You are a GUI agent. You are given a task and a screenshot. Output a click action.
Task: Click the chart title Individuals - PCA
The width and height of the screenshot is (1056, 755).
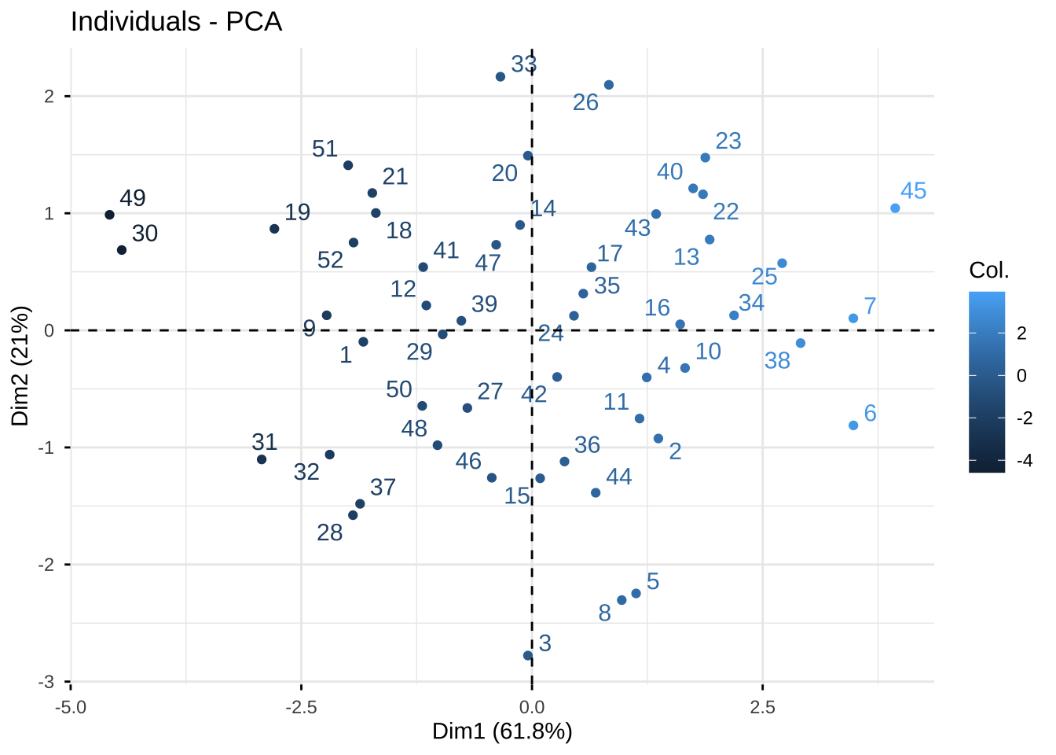pyautogui.click(x=176, y=21)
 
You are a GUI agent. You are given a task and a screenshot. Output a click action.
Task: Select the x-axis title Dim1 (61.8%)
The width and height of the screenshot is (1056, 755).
pyautogui.click(x=502, y=731)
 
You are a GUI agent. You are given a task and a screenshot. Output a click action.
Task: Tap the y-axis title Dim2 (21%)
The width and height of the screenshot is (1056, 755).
pyautogui.click(x=20, y=366)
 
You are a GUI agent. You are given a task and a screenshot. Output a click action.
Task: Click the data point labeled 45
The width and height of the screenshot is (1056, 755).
pyautogui.click(x=895, y=208)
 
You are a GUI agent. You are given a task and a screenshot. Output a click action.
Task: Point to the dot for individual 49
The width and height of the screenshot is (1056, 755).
pyautogui.click(x=110, y=215)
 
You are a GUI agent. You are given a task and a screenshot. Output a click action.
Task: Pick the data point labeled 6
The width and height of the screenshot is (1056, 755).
pyautogui.click(x=853, y=425)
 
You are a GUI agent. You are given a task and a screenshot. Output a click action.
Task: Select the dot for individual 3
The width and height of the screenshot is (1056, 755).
pyautogui.click(x=528, y=655)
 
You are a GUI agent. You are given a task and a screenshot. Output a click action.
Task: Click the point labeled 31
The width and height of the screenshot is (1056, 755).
pyautogui.click(x=262, y=459)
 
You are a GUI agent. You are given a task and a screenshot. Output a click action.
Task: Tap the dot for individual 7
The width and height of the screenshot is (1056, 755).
pyautogui.click(x=853, y=319)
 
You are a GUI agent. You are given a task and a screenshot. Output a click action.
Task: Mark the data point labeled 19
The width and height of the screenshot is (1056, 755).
pyautogui.click(x=274, y=229)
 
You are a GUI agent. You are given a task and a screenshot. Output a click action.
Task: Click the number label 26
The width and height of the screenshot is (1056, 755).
pyautogui.click(x=585, y=102)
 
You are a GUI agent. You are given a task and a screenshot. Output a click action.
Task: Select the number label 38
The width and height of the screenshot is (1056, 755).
pyautogui.click(x=777, y=361)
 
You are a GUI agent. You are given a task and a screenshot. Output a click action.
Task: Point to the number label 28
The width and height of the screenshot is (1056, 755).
pyautogui.click(x=330, y=533)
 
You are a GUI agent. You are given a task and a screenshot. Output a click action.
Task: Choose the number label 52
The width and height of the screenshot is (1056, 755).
pyautogui.click(x=331, y=260)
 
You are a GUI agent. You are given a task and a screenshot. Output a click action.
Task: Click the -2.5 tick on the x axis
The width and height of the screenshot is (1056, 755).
pyautogui.click(x=301, y=706)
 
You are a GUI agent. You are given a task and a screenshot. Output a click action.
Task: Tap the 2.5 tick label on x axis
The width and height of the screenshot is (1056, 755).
pyautogui.click(x=762, y=706)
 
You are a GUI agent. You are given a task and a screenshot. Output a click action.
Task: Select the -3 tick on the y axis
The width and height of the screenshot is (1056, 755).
pyautogui.click(x=49, y=682)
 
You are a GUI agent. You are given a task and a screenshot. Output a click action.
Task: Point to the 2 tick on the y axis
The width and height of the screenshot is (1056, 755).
pyautogui.click(x=49, y=97)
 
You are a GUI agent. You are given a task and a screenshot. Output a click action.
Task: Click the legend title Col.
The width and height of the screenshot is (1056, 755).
pyautogui.click(x=988, y=271)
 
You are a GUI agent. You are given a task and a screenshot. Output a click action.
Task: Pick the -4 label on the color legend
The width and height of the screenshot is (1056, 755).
pyautogui.click(x=1025, y=462)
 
